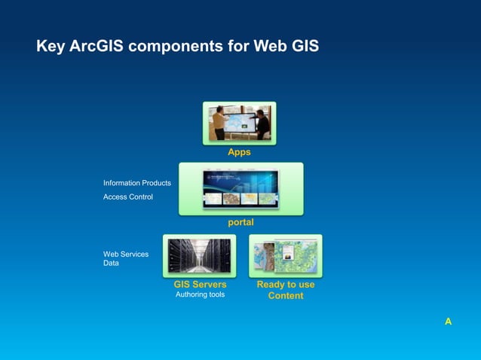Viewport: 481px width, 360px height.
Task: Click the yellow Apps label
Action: (239, 152)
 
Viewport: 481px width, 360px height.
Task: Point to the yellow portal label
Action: (240, 223)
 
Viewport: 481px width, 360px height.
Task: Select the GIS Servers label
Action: (200, 285)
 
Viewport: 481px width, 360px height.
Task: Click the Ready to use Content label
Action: (286, 290)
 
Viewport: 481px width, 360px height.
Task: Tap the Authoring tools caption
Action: (200, 294)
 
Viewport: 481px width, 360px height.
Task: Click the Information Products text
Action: (137, 183)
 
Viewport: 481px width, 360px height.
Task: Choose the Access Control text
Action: (128, 197)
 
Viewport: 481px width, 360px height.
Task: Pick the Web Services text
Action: (126, 254)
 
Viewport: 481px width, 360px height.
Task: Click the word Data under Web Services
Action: (111, 263)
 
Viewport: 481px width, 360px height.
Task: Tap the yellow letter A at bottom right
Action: (448, 322)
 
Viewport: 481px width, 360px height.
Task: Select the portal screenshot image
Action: (240, 188)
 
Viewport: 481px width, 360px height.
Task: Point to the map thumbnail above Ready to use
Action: (286, 256)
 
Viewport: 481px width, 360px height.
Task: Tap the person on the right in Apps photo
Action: (262, 124)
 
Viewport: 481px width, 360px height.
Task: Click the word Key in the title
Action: (49, 47)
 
